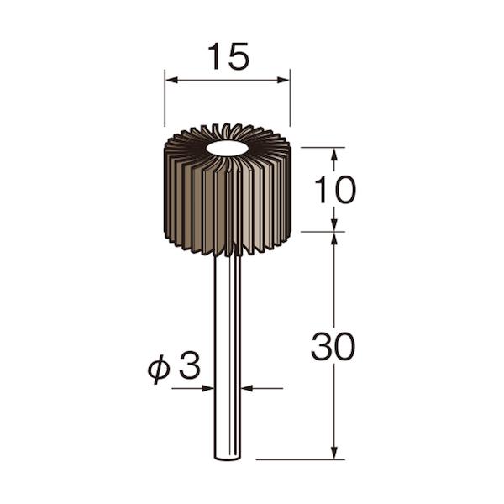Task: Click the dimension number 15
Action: [228, 56]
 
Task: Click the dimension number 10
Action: [335, 191]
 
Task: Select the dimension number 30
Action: [333, 347]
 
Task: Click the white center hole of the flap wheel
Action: [228, 148]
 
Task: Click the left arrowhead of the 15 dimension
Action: [171, 80]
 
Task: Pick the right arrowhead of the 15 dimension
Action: [284, 80]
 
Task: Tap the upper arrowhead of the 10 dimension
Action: [334, 155]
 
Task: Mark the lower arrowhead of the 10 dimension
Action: [334, 224]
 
